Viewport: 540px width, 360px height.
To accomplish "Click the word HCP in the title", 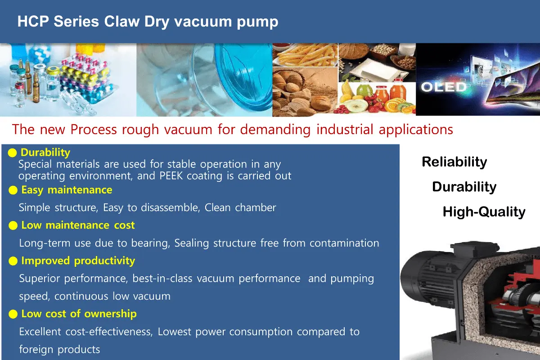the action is tap(33, 22).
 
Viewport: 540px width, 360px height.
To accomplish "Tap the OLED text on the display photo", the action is tap(444, 87).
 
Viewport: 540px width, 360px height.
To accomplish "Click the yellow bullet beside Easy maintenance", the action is tap(13, 190).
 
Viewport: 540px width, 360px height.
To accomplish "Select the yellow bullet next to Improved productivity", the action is tap(13, 261).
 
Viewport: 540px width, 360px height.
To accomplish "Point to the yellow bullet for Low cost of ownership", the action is tap(13, 314).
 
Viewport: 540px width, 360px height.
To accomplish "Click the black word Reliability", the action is tap(454, 162).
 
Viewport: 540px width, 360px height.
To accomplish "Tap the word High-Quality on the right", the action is tap(484, 212).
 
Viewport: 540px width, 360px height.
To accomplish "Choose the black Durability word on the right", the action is tap(464, 187).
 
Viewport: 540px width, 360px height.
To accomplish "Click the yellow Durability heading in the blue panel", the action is tap(45, 153).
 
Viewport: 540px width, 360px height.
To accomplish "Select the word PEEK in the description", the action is tap(171, 176).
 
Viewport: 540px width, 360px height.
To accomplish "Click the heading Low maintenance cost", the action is tap(78, 225).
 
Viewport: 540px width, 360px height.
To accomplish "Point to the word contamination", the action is tap(344, 243).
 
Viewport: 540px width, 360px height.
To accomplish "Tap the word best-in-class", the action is tap(162, 279).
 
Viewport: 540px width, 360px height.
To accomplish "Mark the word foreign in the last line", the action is tap(36, 350).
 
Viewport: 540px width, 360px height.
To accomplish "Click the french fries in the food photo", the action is tap(306, 55).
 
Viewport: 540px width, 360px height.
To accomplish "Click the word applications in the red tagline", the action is tap(416, 130).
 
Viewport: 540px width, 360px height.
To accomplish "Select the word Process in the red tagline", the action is tap(94, 130).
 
